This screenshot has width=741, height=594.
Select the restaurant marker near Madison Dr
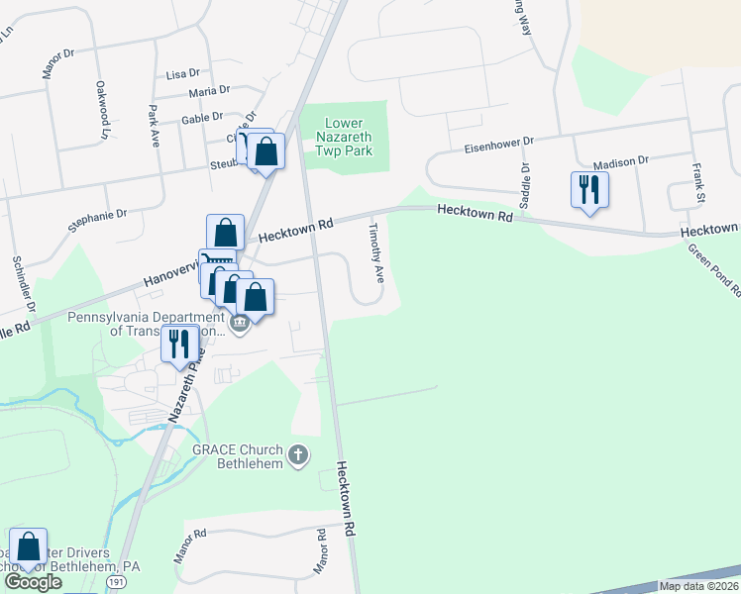coord(590,188)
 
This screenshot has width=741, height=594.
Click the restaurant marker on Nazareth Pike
coord(179,344)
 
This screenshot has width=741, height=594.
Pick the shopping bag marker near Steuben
coord(266,151)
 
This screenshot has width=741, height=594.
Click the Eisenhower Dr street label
coord(499,147)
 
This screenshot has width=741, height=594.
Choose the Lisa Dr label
coord(183,73)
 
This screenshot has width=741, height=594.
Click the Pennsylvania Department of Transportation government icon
coord(239,323)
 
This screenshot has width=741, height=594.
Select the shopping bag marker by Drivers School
coord(30,546)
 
